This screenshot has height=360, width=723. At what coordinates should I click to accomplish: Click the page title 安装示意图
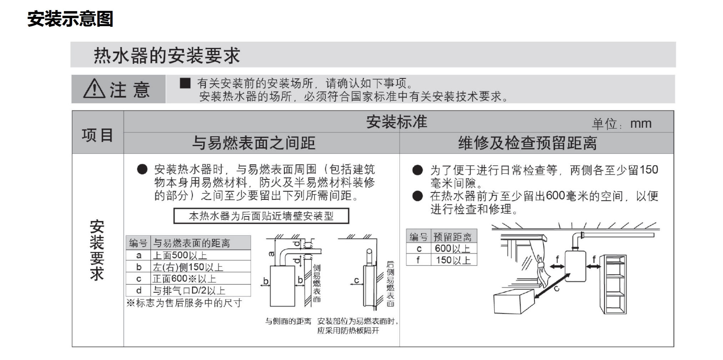point(70,19)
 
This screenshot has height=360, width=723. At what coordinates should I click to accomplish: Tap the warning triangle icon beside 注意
point(94,89)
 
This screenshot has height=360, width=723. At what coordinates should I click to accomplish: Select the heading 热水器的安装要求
point(167,56)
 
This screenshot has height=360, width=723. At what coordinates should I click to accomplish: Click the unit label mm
point(641,124)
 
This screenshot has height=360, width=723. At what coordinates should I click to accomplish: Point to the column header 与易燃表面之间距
point(254,143)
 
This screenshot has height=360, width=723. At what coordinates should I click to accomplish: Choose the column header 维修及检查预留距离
point(527,143)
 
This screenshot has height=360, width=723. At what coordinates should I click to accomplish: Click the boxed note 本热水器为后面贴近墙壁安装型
point(261,216)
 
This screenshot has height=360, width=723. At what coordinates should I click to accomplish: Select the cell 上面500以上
point(180,255)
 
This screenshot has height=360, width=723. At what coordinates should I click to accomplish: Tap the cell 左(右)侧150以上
point(188,267)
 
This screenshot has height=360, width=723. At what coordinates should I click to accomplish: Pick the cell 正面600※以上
point(184,279)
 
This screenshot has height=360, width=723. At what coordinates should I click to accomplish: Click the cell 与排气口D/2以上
point(189,290)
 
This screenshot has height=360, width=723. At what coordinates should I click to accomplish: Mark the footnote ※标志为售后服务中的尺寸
point(184,303)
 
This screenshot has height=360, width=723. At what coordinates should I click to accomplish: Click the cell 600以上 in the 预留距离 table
point(452,248)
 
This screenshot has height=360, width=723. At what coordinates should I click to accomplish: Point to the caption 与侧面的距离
point(288,321)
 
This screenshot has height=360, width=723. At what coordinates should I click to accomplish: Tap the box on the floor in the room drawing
point(514,302)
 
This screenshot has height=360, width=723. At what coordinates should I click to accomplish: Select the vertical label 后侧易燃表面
point(390,284)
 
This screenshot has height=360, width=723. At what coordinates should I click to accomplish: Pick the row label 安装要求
point(97,250)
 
